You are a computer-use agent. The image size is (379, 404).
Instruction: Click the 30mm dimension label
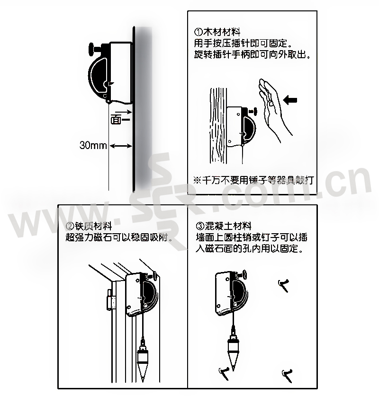click(x=93, y=145)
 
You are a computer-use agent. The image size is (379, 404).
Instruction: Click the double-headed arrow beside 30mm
click(x=121, y=146)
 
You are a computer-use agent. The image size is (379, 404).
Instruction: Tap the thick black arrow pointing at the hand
click(x=290, y=100)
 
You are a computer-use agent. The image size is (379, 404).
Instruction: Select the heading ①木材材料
click(x=217, y=32)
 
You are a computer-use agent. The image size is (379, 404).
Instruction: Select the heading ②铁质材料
click(x=89, y=226)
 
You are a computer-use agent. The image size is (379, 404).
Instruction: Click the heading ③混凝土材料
click(x=224, y=226)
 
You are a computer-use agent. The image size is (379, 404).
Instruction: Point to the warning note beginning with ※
click(x=253, y=180)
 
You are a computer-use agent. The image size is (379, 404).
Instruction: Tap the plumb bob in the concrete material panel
click(x=233, y=348)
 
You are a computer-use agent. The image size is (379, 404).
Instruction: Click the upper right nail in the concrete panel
click(x=284, y=285)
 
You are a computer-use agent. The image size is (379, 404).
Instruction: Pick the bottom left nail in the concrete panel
click(x=224, y=373)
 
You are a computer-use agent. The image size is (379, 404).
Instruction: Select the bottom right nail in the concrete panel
click(x=287, y=375)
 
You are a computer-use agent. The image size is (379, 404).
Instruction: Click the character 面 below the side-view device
click(x=116, y=120)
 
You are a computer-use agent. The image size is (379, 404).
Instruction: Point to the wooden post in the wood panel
click(x=218, y=126)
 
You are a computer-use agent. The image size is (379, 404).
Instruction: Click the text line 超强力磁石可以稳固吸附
click(x=119, y=237)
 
